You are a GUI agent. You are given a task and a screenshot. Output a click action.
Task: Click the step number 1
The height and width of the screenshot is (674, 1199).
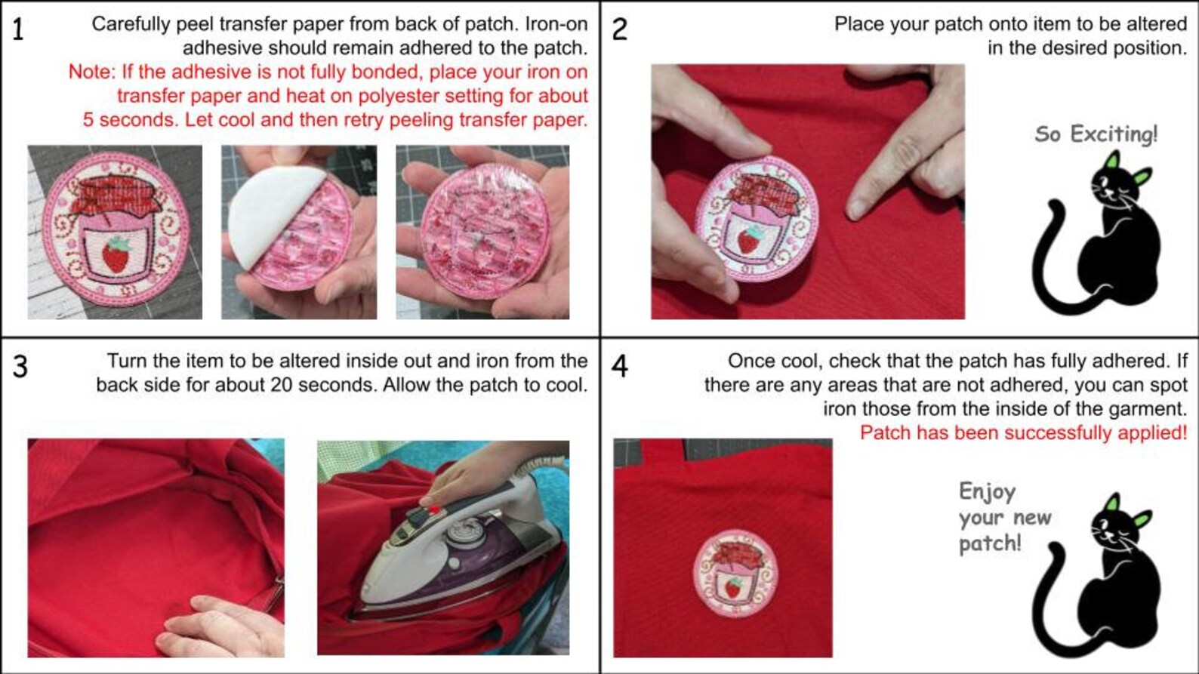(x=17, y=30)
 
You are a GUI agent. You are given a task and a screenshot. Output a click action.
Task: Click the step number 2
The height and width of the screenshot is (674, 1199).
(x=619, y=30)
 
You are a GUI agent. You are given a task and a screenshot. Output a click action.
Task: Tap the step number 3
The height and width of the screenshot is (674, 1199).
(x=20, y=367)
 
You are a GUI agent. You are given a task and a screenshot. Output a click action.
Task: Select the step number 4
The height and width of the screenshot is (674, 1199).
(x=619, y=367)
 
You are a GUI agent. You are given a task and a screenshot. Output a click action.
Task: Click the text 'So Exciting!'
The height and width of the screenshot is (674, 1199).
(x=1096, y=134)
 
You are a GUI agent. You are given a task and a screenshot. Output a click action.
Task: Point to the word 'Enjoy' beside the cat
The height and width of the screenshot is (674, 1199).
(x=987, y=492)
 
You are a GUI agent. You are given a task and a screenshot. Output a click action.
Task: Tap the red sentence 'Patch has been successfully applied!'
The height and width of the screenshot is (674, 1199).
(x=1023, y=432)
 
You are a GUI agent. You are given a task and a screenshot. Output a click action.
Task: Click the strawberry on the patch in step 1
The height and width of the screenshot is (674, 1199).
(x=116, y=256)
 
